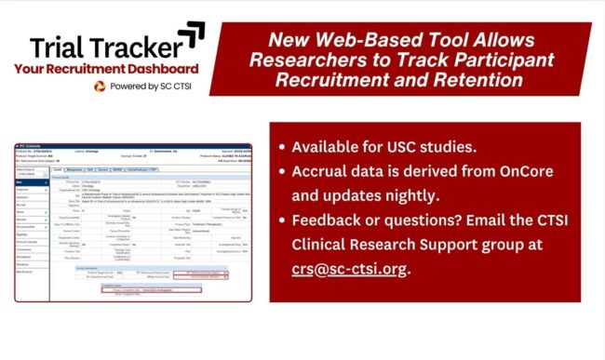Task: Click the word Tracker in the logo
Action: coord(135,47)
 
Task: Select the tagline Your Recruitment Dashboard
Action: coord(105,69)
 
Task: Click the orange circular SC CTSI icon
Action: coord(100,86)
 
